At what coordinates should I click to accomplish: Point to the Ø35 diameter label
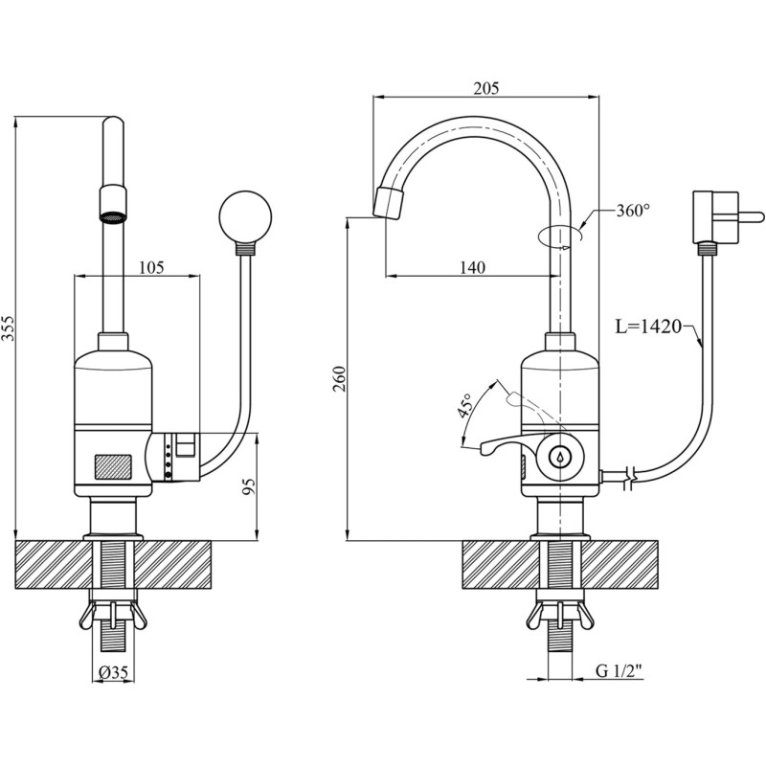(x=114, y=673)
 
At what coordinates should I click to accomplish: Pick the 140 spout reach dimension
(x=470, y=268)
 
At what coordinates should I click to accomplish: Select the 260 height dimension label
(x=339, y=380)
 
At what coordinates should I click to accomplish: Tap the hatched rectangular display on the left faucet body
(x=112, y=467)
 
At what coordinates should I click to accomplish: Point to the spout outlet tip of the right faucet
(x=388, y=203)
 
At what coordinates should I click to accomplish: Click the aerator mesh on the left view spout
(x=113, y=215)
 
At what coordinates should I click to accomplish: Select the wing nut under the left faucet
(x=113, y=615)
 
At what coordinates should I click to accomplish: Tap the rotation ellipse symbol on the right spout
(x=558, y=235)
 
